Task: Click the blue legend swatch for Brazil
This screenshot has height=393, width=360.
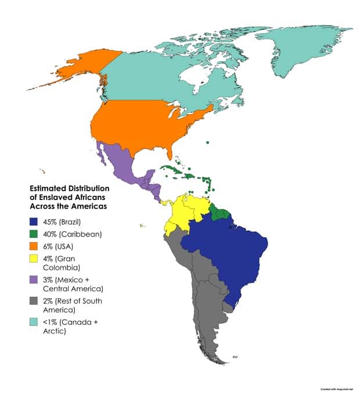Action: [x=34, y=222]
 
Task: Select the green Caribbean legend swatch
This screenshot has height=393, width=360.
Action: [x=34, y=234]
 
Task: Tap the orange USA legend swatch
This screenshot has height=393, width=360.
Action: [x=34, y=246]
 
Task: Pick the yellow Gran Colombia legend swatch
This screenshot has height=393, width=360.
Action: [x=34, y=259]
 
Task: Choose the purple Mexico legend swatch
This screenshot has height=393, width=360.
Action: [x=34, y=280]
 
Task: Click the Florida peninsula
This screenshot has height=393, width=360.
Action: [x=172, y=153]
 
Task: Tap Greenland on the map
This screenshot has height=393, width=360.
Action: [x=302, y=47]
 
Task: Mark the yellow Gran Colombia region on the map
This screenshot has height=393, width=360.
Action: [x=186, y=212]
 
